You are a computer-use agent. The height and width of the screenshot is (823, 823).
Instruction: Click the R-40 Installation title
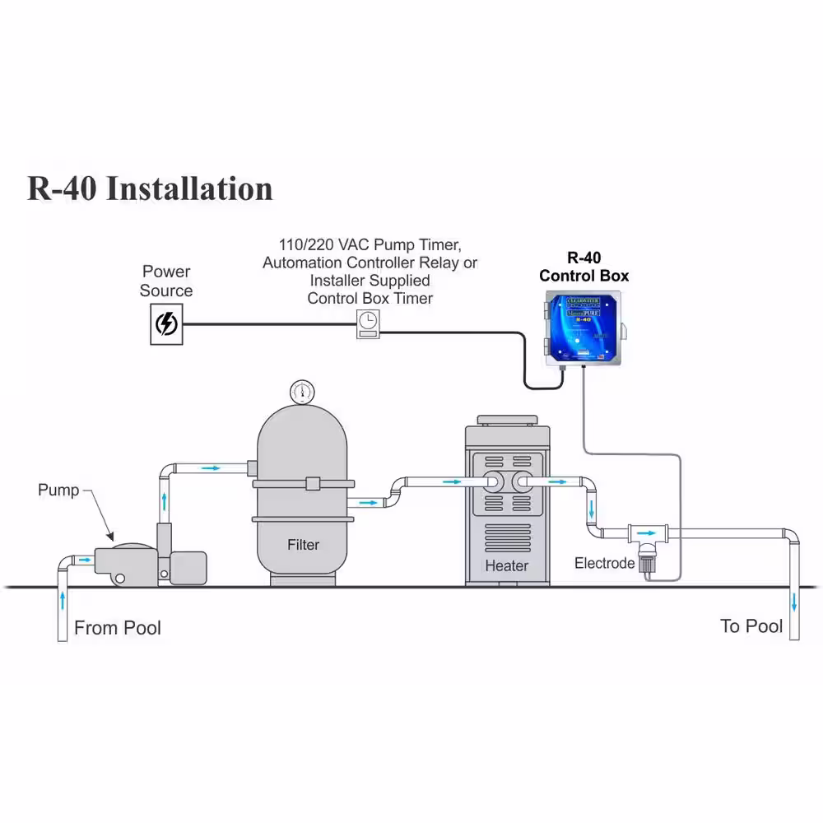(150, 188)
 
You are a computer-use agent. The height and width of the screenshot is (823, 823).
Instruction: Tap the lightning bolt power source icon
(166, 324)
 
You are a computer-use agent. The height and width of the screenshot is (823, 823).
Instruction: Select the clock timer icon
(368, 323)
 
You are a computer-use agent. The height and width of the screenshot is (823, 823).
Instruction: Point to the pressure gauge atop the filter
(302, 391)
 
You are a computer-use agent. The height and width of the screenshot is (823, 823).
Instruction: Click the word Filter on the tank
(303, 544)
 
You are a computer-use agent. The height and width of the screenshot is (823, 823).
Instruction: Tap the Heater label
(506, 565)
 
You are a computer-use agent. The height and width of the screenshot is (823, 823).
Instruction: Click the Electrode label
(604, 564)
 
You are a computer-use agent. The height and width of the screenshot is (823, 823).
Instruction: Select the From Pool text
(118, 628)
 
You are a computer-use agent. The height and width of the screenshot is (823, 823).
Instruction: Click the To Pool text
(751, 626)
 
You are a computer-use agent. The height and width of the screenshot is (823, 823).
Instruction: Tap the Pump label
(58, 491)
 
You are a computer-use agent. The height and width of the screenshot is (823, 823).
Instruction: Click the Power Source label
(166, 281)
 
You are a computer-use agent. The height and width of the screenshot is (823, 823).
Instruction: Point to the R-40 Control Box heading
(584, 267)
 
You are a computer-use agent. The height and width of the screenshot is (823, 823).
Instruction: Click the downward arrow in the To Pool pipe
(793, 602)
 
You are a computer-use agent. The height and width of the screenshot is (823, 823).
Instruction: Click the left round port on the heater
(492, 482)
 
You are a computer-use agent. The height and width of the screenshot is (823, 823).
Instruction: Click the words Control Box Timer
(370, 298)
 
